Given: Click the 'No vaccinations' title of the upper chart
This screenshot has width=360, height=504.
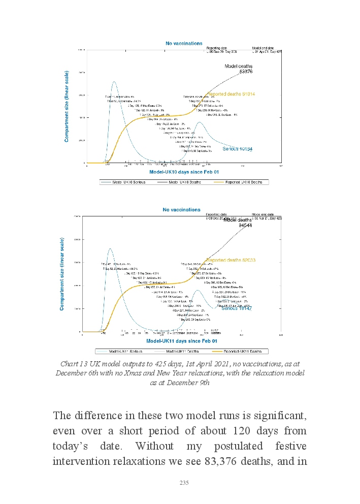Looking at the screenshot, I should click(184, 44).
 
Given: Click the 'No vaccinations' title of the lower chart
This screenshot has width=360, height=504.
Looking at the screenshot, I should click(182, 210).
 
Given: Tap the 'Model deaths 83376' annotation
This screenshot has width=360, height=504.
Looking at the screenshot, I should click(242, 69).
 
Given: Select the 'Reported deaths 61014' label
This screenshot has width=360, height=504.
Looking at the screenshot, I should click(234, 93).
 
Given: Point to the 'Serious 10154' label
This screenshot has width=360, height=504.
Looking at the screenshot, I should click(238, 148).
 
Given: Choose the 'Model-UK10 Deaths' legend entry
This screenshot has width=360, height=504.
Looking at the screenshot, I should click(183, 182).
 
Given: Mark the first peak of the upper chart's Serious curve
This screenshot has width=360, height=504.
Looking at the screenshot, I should click(114, 81).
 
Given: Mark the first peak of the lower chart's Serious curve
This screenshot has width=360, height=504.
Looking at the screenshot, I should click(110, 248).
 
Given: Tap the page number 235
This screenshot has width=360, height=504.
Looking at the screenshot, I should click(184, 483).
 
